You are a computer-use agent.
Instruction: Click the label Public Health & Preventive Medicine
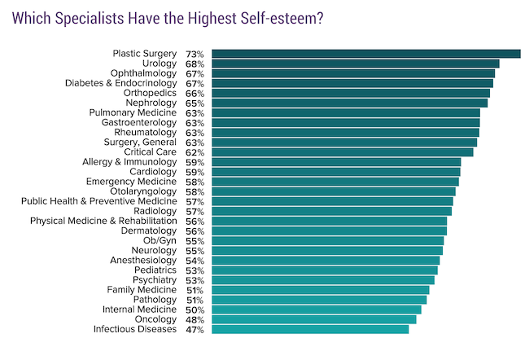click(x=98, y=201)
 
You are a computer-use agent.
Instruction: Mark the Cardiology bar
click(x=334, y=172)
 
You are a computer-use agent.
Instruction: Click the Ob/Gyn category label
click(x=160, y=240)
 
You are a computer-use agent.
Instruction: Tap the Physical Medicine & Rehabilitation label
click(x=103, y=221)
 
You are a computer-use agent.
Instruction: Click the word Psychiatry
click(x=155, y=279)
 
